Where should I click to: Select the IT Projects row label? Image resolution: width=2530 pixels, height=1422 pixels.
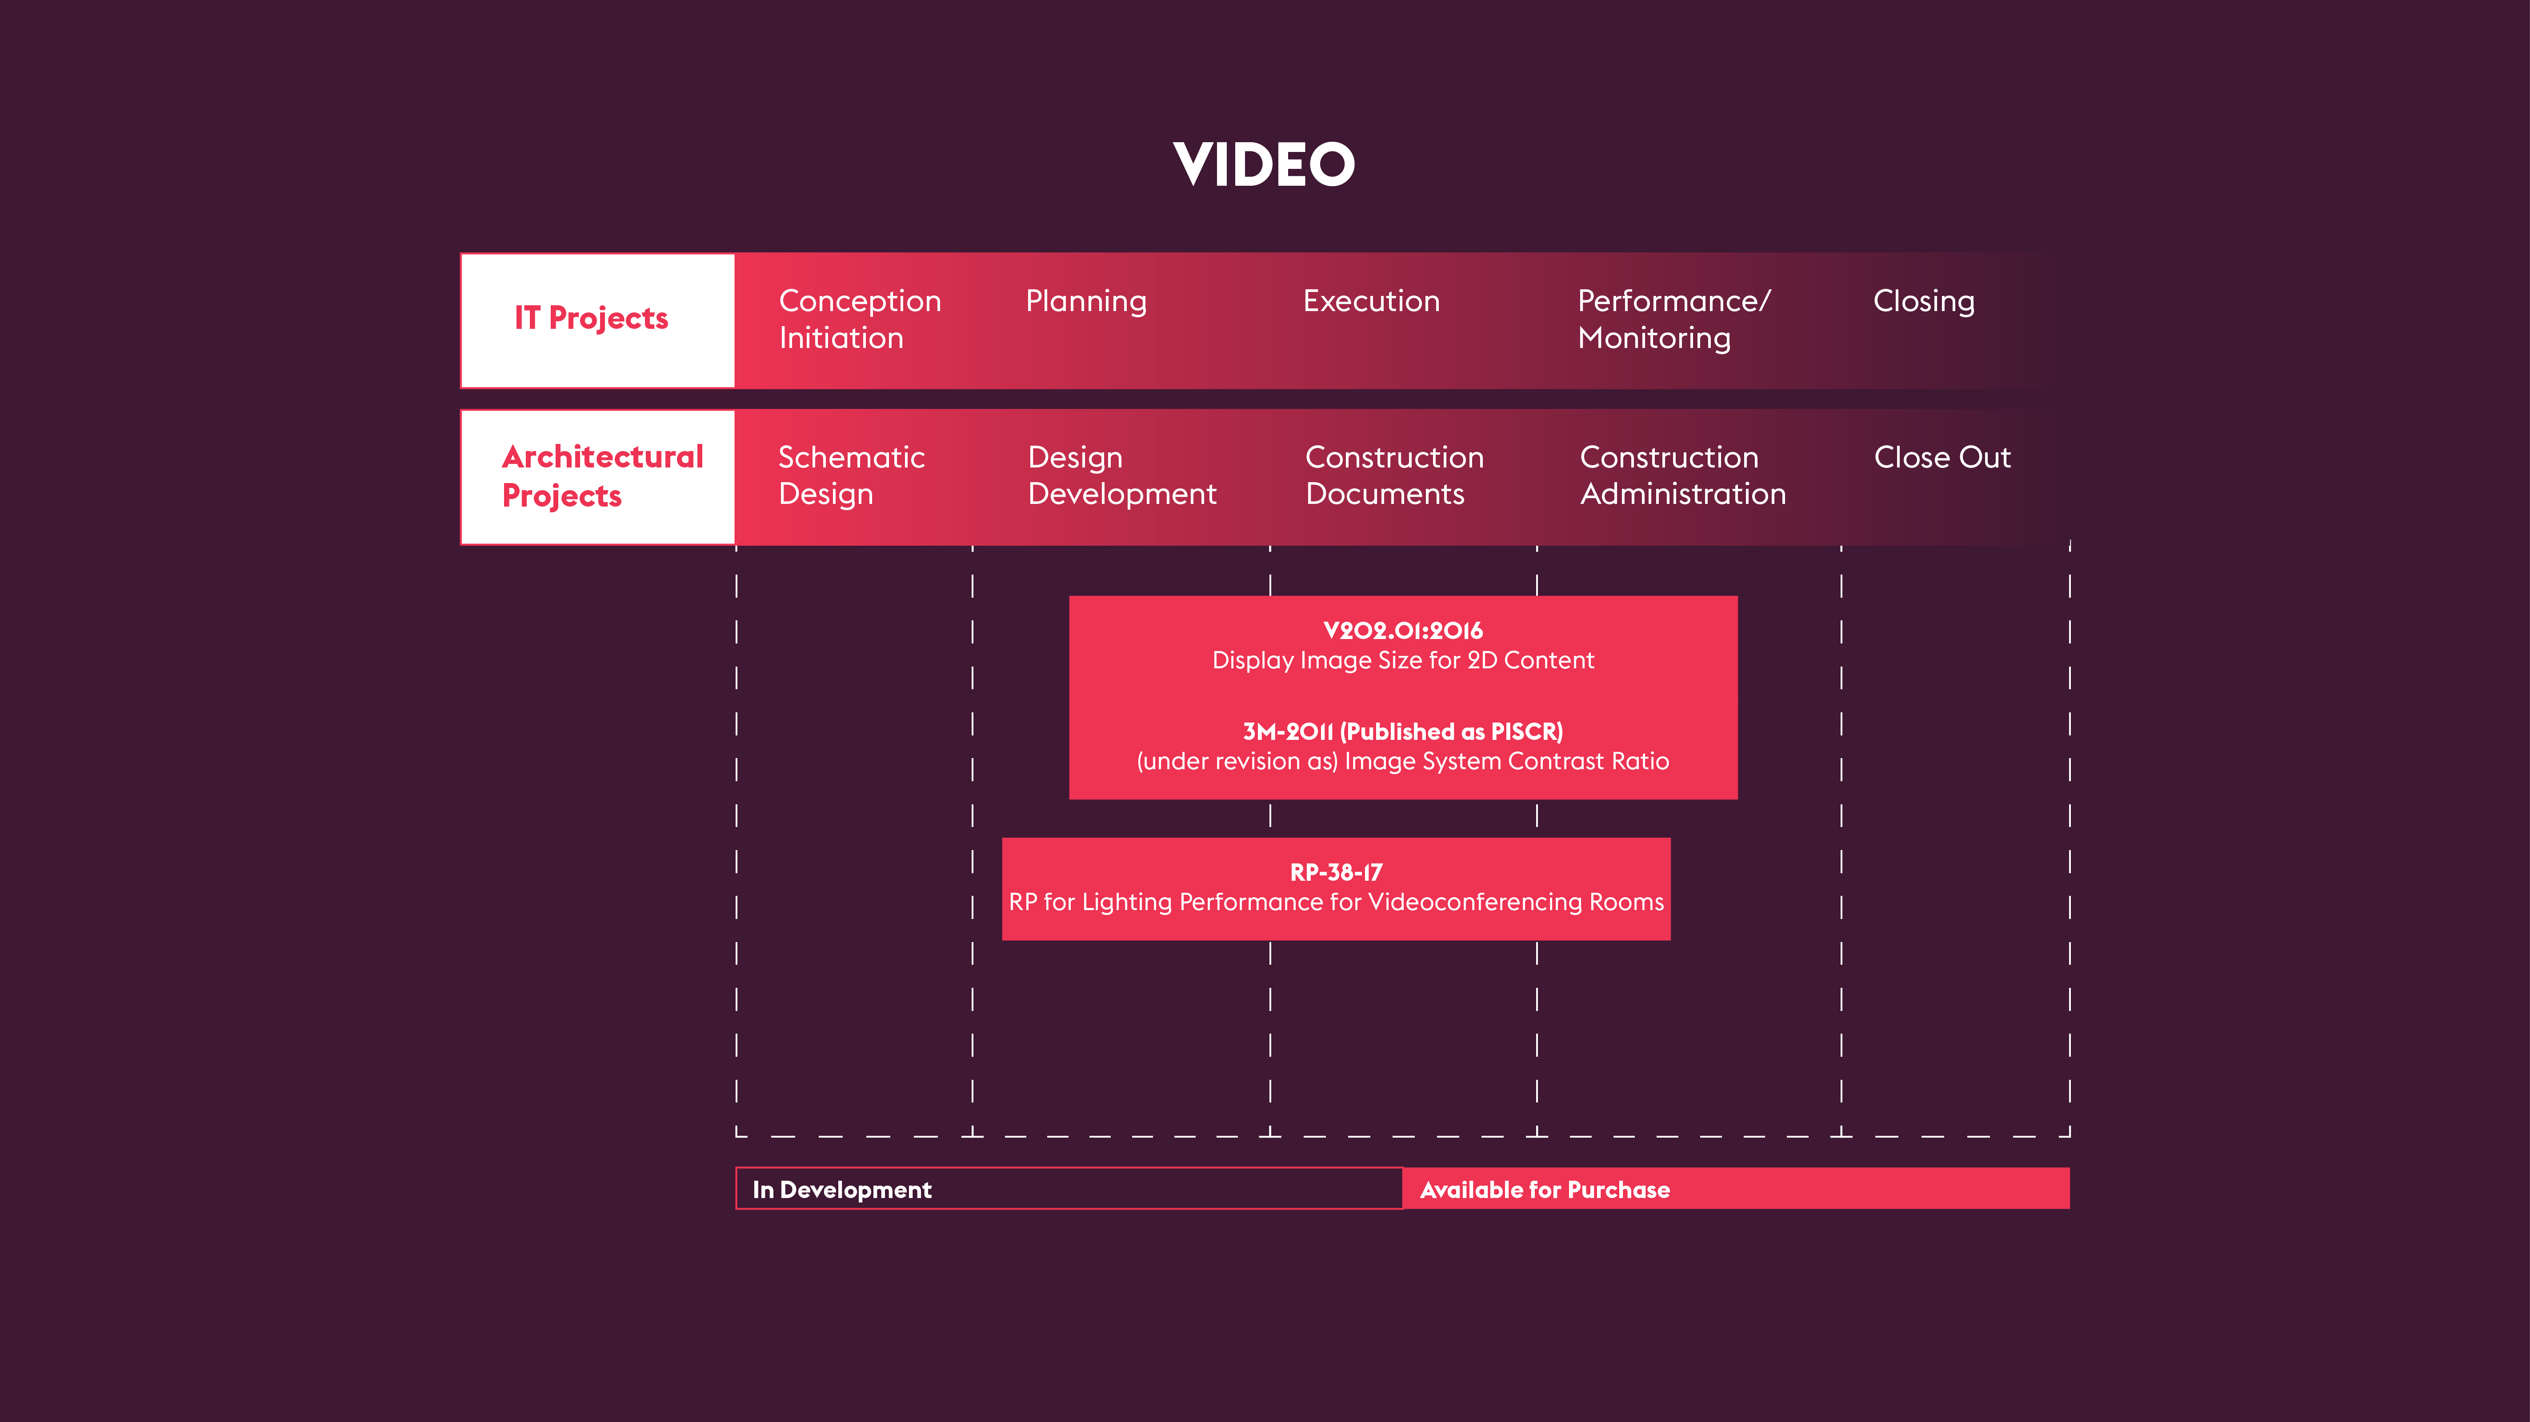coord(591,318)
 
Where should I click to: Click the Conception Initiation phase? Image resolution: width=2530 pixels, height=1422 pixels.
coord(859,319)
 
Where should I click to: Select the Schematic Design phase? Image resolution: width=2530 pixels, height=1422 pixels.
coord(851,475)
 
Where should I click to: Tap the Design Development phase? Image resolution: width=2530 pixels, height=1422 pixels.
coord(1121,475)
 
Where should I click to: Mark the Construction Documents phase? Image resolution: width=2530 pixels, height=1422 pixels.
coord(1393,475)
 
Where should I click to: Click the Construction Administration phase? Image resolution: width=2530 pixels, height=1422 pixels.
coord(1682,475)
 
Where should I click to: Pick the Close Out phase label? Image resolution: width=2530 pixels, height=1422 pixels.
coord(1942,458)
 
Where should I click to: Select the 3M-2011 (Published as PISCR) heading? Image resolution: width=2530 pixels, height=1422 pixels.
coord(1402,731)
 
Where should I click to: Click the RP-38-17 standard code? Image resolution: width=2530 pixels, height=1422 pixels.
coord(1336,872)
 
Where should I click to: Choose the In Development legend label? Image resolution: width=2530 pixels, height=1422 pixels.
coord(842,1190)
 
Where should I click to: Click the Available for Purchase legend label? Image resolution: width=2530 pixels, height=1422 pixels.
coord(1544,1190)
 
